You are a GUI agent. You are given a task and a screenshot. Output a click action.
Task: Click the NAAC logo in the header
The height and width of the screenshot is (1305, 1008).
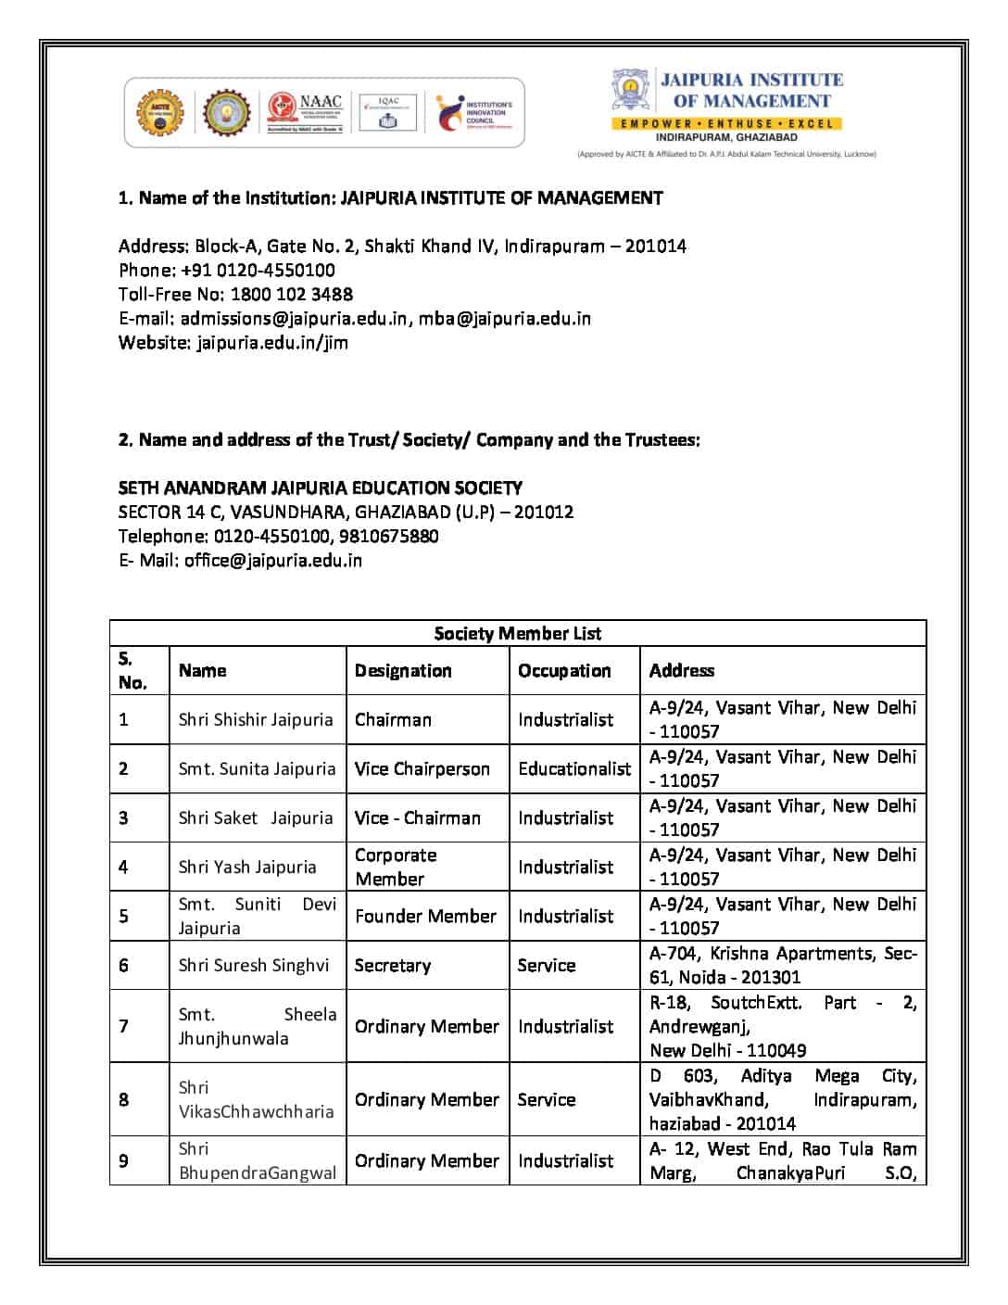306,112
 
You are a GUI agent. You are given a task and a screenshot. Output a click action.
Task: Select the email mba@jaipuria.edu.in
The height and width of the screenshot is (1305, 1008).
504,318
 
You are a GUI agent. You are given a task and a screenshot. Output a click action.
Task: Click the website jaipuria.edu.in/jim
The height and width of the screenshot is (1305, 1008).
272,342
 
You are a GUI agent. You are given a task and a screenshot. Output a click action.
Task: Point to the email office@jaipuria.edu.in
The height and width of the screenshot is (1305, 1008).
272,560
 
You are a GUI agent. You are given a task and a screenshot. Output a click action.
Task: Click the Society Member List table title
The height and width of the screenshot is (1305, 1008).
517,633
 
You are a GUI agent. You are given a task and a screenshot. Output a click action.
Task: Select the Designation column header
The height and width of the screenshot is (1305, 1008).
403,670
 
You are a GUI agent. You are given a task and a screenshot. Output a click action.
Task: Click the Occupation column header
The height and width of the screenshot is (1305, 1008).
564,670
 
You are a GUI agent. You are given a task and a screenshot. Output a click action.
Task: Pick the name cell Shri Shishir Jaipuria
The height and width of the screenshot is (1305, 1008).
256,719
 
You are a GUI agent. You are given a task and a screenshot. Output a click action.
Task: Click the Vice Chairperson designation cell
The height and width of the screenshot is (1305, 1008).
422,768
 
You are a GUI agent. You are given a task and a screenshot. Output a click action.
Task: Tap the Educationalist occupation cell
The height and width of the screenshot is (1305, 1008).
574,768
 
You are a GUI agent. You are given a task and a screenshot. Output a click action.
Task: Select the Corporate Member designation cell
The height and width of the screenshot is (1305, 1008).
396,867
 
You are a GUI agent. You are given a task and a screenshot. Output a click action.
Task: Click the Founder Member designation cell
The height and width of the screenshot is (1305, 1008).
425,916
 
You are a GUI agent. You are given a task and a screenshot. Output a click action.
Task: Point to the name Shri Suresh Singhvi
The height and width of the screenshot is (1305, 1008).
254,965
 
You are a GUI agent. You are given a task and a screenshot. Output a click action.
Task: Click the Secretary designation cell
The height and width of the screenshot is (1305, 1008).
393,965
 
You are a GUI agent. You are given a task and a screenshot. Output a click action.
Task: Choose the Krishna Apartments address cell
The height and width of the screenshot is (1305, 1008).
783,965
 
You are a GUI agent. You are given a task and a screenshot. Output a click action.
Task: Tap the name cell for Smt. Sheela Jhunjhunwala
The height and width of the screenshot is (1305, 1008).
257,1026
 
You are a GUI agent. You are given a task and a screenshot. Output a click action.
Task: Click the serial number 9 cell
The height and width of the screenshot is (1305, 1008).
124,1160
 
